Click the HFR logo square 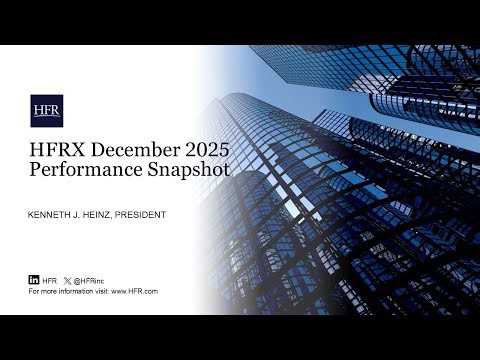click(47, 110)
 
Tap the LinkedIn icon click(34, 280)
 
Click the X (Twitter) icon click(67, 280)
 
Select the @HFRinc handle click(90, 280)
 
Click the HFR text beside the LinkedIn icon click(50, 280)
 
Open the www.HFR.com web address click(135, 291)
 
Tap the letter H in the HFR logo click(39, 110)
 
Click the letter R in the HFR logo click(55, 110)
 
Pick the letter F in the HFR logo click(47, 110)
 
